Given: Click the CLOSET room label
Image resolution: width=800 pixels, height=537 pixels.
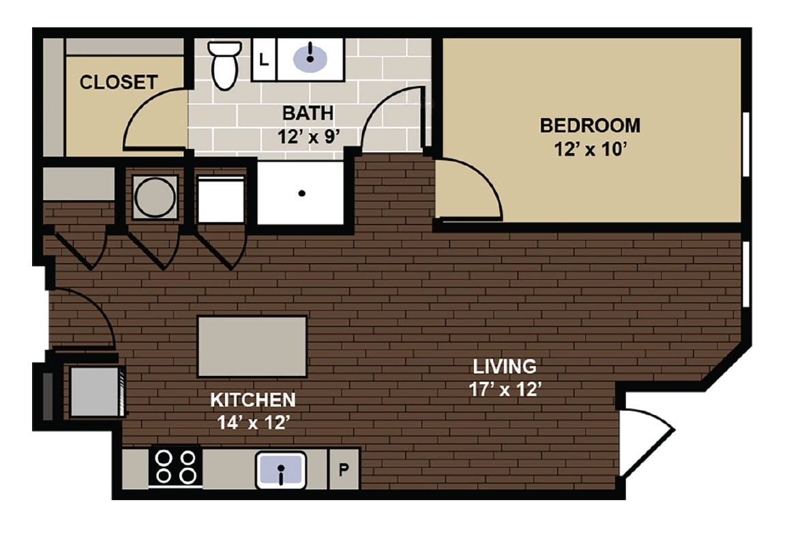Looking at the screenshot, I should pyautogui.click(x=119, y=83).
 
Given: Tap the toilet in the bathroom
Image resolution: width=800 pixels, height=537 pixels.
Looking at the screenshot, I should pyautogui.click(x=224, y=64).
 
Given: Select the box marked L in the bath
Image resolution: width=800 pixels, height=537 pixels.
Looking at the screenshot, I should pyautogui.click(x=264, y=59).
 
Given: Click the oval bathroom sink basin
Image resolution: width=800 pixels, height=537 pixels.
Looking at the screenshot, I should pyautogui.click(x=310, y=57).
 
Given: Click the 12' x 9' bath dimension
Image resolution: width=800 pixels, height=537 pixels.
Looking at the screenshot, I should pyautogui.click(x=308, y=136).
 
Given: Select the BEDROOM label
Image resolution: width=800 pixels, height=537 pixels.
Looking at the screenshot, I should pyautogui.click(x=590, y=126).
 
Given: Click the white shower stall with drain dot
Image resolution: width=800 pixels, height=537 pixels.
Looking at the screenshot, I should pyautogui.click(x=301, y=193).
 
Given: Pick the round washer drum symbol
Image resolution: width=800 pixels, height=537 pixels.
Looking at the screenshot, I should pyautogui.click(x=155, y=197).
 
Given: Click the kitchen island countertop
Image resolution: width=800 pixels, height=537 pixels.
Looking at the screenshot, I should pyautogui.click(x=252, y=346).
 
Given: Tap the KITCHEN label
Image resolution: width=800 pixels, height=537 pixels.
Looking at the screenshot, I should pyautogui.click(x=252, y=400).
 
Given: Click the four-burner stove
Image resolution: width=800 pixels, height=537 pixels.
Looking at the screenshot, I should pyautogui.click(x=175, y=467).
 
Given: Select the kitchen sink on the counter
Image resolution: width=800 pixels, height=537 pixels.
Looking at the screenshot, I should pyautogui.click(x=281, y=470).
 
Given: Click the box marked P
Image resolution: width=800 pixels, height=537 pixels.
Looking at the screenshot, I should pyautogui.click(x=344, y=469).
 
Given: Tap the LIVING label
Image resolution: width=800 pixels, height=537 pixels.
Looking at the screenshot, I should pyautogui.click(x=505, y=366).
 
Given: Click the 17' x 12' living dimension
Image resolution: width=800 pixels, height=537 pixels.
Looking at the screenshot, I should pyautogui.click(x=505, y=390).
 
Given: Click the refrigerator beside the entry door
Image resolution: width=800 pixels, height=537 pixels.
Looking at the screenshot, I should pyautogui.click(x=96, y=392).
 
